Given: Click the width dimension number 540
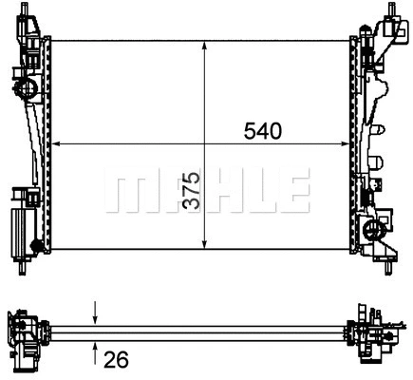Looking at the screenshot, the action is [262, 131].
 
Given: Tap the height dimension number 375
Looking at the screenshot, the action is [192, 191].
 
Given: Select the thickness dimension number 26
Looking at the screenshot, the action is [116, 359].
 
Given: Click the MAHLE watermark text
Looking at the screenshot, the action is [207, 190].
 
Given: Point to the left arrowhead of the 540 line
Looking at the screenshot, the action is [55, 144].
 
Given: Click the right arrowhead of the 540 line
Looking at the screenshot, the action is [345, 144].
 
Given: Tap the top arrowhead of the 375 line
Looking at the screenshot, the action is [204, 46].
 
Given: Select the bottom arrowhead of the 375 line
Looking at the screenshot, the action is [204, 244].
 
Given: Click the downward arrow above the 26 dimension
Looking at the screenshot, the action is [96, 313].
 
